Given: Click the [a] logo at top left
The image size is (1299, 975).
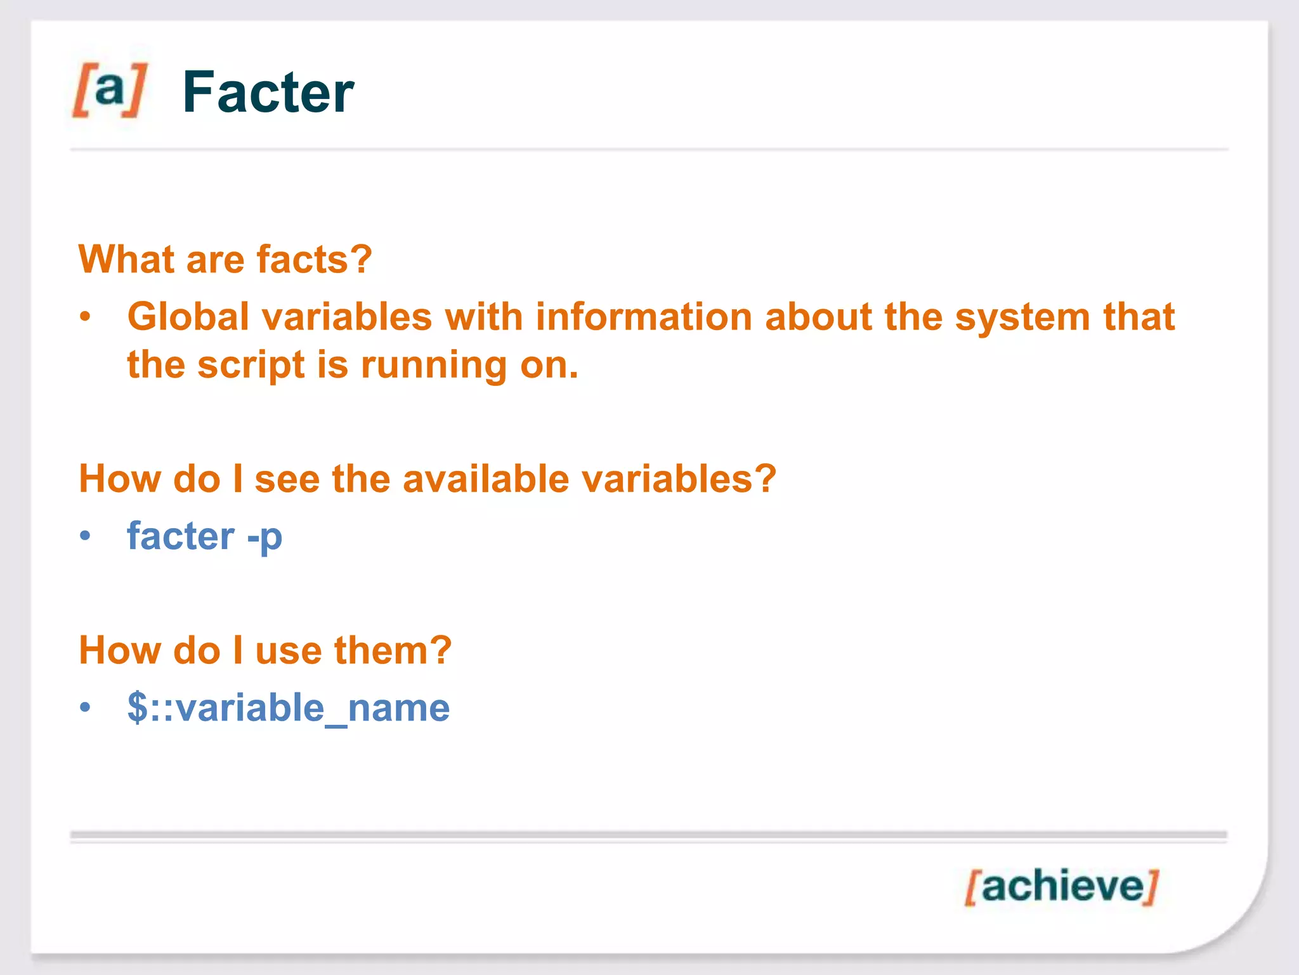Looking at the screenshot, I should point(110,90).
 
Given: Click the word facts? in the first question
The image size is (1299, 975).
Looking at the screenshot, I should point(314,260).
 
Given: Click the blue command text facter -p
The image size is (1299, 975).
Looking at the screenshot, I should point(204,536).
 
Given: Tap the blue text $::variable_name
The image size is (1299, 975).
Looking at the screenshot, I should point(289,707).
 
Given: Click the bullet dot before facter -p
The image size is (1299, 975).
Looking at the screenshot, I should point(86,536).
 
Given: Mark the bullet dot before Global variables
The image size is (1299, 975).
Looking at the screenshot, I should point(86,316).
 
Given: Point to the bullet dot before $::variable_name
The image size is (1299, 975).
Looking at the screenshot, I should point(86,707).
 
